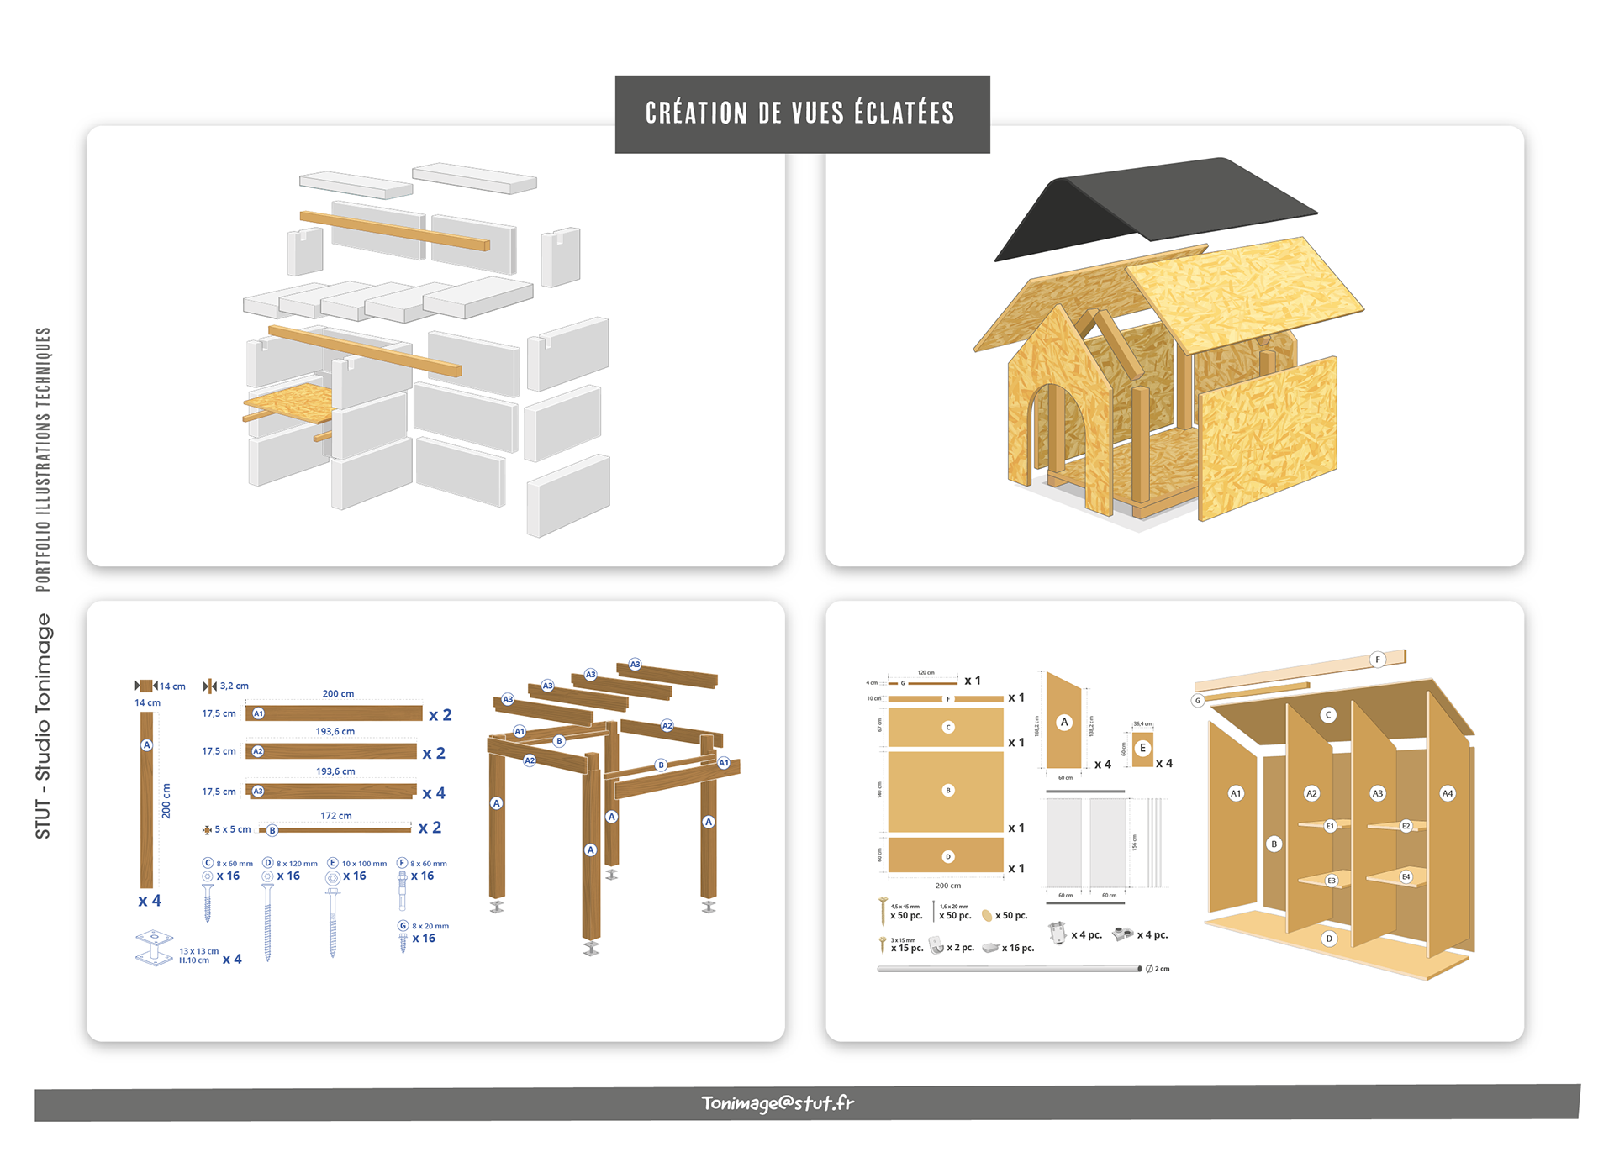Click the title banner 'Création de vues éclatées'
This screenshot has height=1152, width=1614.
point(801,113)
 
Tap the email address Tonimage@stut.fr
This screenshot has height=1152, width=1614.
point(778,1102)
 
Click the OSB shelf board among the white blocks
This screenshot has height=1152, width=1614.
point(291,402)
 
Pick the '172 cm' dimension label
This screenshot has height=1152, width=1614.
point(336,816)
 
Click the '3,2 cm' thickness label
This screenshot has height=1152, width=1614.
point(234,686)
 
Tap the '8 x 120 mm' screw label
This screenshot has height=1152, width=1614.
point(297,864)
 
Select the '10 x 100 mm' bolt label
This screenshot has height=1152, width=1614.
point(364,864)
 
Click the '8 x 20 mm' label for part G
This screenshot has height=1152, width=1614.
point(430,926)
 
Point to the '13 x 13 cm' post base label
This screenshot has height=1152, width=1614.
point(198,951)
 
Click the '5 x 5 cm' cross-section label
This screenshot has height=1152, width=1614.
point(232,829)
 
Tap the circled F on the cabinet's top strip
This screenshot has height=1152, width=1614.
point(1377,660)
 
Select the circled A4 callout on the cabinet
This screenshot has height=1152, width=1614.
point(1447,793)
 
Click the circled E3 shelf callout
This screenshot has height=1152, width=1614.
point(1331,881)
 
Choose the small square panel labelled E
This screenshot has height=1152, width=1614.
point(1142,749)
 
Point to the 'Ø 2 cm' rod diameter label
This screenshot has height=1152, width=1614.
point(1158,969)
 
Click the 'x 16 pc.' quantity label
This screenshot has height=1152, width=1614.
point(1018,948)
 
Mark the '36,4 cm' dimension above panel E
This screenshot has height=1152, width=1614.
point(1142,723)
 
